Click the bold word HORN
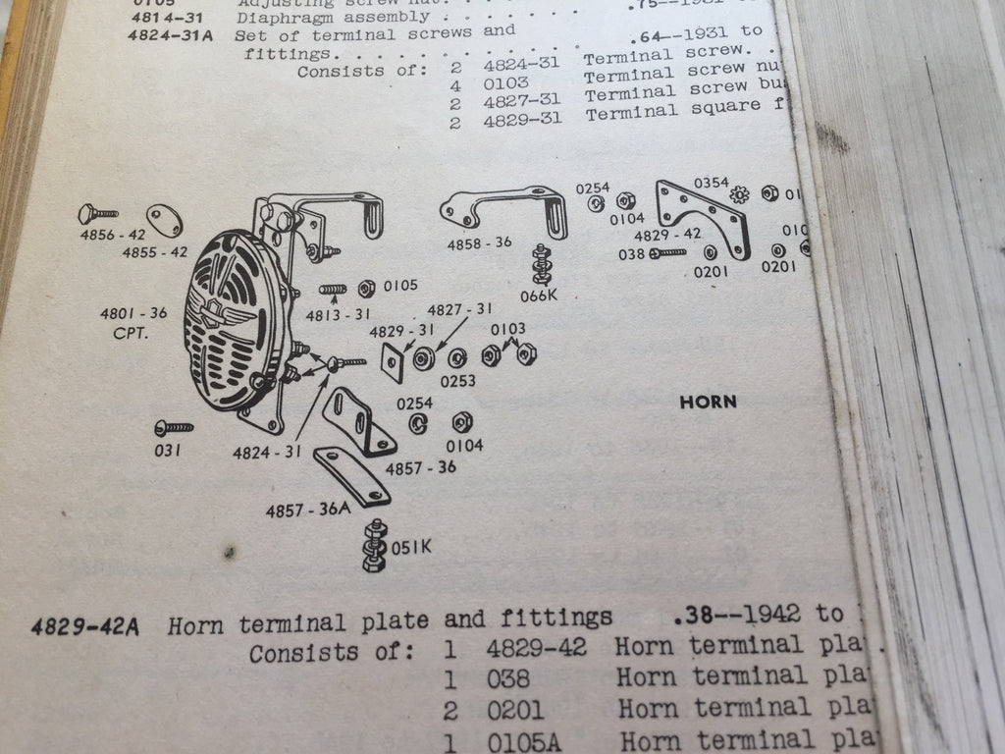pos(708,402)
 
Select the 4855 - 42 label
pos(154,252)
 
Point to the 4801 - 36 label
pos(133,314)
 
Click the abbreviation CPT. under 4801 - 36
pos(130,332)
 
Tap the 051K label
pos(411,548)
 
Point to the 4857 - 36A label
pos(307,510)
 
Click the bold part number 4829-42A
pos(84,625)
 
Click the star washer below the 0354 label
pos(740,195)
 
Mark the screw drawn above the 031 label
pos(173,427)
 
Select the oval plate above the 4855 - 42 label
pos(164,220)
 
